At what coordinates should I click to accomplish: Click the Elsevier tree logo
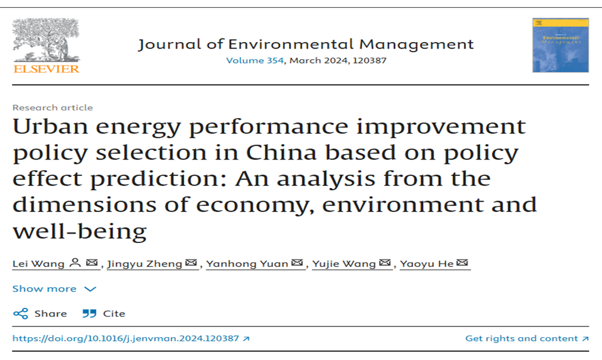point(46,40)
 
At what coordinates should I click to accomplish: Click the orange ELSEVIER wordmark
point(46,68)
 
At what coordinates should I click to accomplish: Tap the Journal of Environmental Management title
point(306,44)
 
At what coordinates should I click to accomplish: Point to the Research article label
point(53,107)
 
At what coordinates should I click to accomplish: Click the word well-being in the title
point(80,231)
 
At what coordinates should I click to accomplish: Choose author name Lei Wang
point(38,263)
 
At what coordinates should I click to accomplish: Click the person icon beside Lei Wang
point(75,263)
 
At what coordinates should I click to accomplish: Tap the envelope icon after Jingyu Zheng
point(191,263)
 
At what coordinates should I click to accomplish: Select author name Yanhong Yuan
point(247,263)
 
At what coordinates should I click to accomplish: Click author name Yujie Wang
point(344,263)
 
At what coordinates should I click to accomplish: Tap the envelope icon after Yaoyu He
point(462,263)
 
